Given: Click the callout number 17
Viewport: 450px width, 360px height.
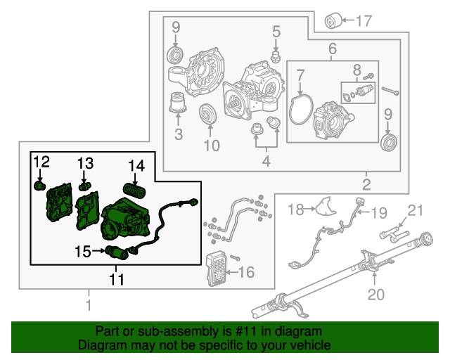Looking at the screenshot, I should tap(363, 20).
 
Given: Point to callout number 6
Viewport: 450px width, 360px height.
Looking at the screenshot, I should tap(333, 49).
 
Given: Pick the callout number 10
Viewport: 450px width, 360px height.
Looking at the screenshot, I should tap(212, 146).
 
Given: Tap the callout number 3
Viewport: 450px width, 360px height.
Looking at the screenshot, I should tap(178, 134).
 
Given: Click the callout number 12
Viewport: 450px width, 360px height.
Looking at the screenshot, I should tap(41, 163).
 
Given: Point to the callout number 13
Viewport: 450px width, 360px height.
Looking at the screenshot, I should tap(85, 164).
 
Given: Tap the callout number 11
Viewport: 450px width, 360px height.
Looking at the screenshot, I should tap(116, 279).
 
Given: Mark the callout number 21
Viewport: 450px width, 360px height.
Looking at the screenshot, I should tap(416, 210).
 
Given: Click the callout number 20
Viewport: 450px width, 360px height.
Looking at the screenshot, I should tap(376, 295).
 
